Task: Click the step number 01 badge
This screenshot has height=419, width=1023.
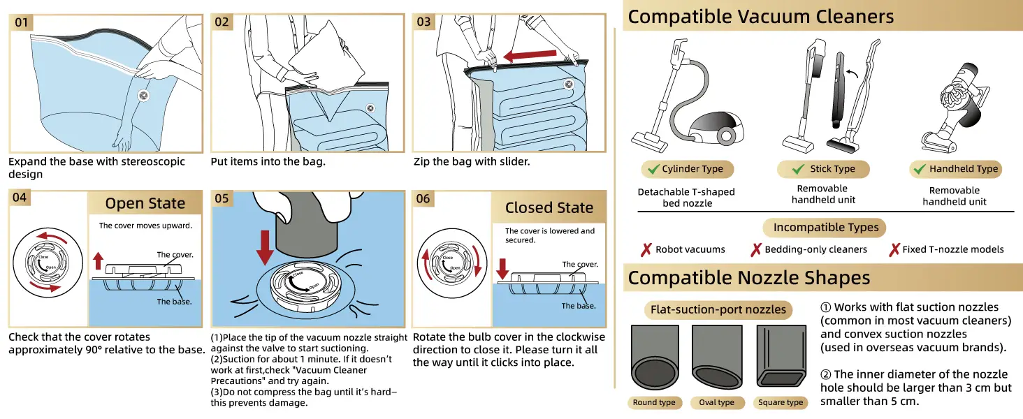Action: point(22,22)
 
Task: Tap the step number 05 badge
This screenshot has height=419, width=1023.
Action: point(222,198)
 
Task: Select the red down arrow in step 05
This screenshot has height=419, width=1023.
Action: point(267,247)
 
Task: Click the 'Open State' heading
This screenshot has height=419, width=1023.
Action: point(145,203)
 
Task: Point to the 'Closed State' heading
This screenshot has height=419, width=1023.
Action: point(549,207)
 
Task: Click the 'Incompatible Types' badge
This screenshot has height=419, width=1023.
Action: point(825,228)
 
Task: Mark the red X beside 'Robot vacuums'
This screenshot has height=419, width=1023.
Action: point(646,249)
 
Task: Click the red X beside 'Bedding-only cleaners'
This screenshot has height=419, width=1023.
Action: point(755,249)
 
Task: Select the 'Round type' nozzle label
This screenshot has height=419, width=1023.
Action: point(654,402)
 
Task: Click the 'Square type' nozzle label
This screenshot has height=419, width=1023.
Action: point(781,402)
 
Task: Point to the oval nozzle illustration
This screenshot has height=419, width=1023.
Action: point(717,358)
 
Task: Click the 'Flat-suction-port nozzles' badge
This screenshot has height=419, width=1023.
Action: point(718,309)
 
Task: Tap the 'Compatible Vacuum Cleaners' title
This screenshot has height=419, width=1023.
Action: point(760,17)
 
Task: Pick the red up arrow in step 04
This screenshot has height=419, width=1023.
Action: point(98,261)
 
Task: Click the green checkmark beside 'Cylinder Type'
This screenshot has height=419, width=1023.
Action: point(653,169)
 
